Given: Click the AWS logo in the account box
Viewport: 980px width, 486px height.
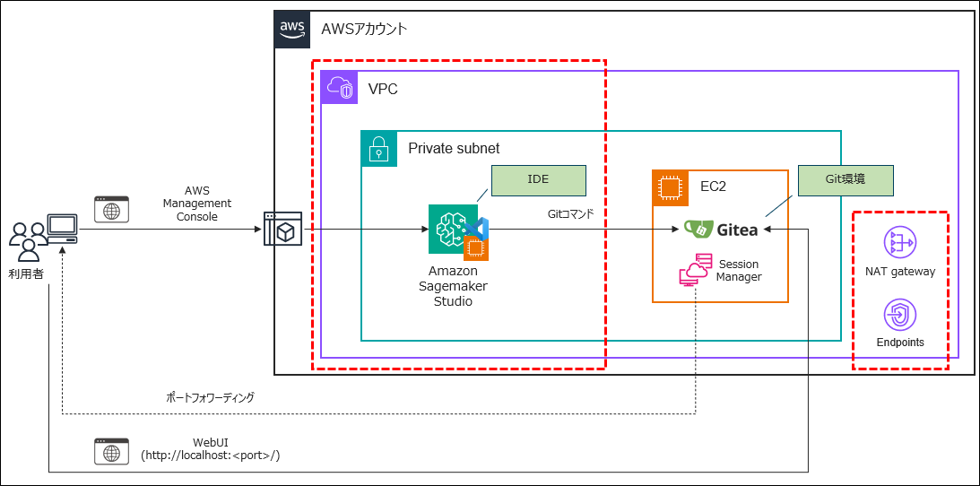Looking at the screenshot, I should coord(292,29).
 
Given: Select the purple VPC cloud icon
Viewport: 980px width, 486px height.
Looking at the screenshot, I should coord(340,88).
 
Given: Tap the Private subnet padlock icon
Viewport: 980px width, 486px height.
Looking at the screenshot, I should coord(379,148).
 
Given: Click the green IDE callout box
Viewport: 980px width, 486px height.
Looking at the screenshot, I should coord(538,179).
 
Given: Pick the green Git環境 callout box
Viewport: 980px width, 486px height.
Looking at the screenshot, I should coord(846,179).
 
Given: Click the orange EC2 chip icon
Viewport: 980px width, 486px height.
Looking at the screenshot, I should coord(669,187).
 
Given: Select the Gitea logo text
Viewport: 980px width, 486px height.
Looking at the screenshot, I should coord(723,230).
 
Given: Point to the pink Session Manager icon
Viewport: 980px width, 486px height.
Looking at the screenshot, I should coord(694,269).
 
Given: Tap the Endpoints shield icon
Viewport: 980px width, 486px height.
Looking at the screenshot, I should coord(899,316).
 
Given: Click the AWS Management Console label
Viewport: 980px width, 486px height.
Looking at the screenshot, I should coord(196,204).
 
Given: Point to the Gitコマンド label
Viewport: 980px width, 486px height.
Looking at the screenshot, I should coord(570,215).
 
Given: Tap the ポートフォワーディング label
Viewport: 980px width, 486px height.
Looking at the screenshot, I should coord(212,397).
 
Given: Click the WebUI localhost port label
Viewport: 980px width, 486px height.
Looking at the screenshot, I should coord(212,449).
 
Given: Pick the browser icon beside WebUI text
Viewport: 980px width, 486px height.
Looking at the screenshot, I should coord(112,450).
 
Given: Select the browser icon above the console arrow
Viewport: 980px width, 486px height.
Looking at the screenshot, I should coord(112,210).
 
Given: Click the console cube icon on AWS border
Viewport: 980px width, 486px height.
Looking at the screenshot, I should coord(281,230).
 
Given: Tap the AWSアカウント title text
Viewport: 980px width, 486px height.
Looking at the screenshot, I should coord(364,29).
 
